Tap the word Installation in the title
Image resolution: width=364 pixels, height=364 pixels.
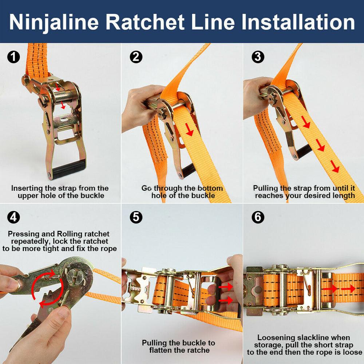pyautogui.click(x=298, y=22)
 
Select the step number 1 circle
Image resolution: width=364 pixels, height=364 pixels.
pyautogui.click(x=13, y=57)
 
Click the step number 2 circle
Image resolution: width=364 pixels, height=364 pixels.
pyautogui.click(x=136, y=57)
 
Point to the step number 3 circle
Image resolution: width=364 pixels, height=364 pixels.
pyautogui.click(x=258, y=57)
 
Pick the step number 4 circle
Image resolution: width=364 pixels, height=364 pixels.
pyautogui.click(x=13, y=217)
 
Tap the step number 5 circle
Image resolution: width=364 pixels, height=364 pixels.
pyautogui.click(x=136, y=217)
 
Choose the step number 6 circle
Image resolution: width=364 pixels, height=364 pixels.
pyautogui.click(x=258, y=217)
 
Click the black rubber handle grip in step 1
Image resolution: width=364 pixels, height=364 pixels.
pyautogui.click(x=69, y=169)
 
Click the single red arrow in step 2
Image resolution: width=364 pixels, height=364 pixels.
pyautogui.click(x=190, y=130)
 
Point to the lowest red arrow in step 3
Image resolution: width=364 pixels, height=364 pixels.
pyautogui.click(x=335, y=166)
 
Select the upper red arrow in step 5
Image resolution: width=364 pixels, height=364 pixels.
pyautogui.click(x=226, y=286)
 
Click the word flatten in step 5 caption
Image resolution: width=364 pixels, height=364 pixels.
pyautogui.click(x=162, y=350)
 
